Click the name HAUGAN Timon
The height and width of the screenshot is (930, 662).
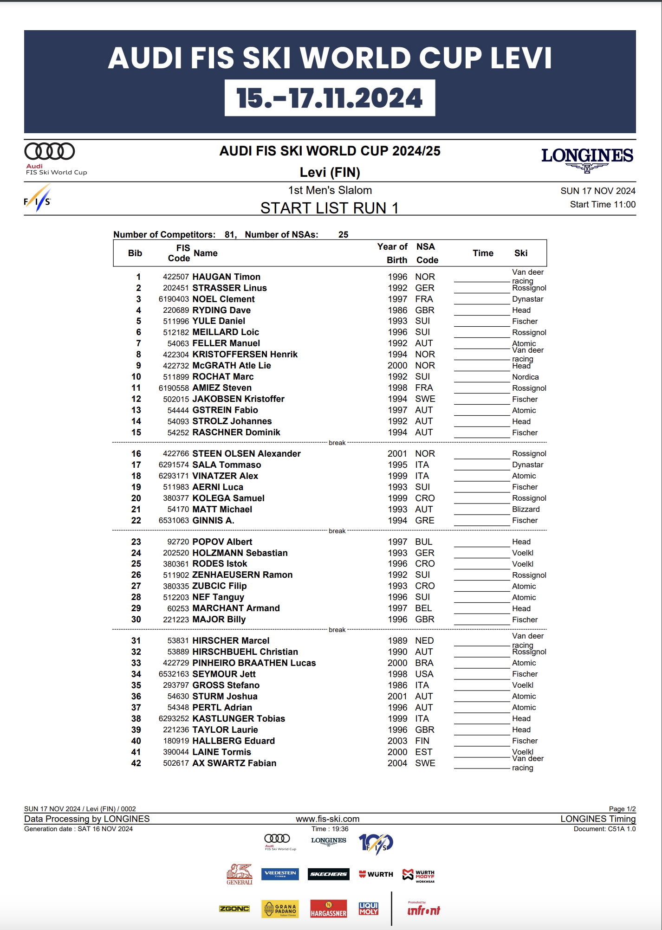point(226,277)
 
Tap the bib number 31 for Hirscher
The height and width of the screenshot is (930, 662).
point(136,640)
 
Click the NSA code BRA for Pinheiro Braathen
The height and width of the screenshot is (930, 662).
point(424,663)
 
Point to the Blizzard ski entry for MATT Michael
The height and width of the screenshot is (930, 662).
point(526,509)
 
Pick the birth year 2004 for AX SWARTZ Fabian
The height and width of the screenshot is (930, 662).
point(397,763)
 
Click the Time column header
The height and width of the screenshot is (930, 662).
point(483,253)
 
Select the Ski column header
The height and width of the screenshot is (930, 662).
point(520,253)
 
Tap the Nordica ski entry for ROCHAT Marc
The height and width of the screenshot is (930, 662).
point(525,377)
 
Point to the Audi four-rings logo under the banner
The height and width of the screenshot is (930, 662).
point(50,151)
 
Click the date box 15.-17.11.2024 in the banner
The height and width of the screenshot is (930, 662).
point(330,98)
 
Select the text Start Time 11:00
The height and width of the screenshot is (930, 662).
point(603,204)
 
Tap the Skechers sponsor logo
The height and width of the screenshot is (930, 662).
point(328,874)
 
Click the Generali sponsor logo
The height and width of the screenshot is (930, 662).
point(240,874)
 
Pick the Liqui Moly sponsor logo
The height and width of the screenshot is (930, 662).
point(369,909)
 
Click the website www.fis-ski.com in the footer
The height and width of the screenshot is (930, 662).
point(328,819)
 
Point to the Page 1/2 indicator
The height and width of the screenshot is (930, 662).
point(622,809)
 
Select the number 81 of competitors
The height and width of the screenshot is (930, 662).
point(229,234)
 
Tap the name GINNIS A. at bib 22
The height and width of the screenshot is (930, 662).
point(213,520)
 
